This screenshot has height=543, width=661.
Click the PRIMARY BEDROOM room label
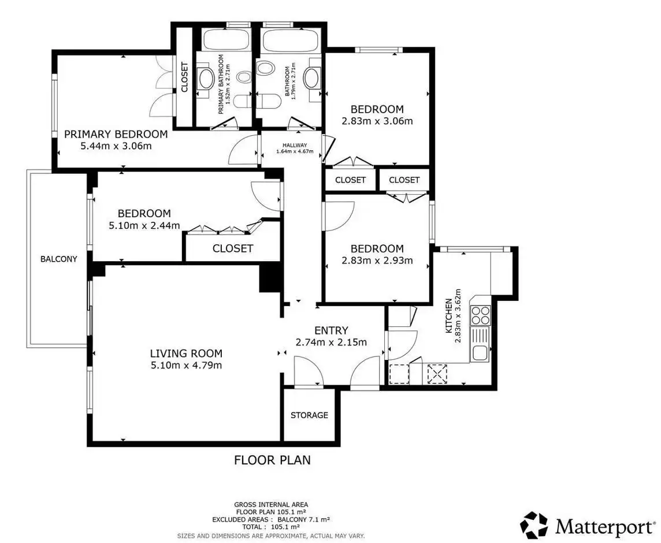click(x=116, y=134)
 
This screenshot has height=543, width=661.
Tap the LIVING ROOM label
click(x=186, y=354)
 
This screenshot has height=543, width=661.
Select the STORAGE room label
click(x=309, y=415)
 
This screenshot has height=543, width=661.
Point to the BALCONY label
click(x=58, y=259)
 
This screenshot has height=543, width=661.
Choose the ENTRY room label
click(x=331, y=330)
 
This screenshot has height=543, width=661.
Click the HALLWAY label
click(x=295, y=146)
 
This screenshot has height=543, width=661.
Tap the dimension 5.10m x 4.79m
click(x=186, y=365)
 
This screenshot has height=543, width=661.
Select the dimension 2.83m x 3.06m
click(x=377, y=121)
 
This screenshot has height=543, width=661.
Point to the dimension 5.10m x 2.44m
click(x=144, y=225)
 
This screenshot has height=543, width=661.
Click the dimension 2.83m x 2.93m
click(x=377, y=260)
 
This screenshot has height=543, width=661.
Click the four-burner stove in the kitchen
click(x=481, y=314)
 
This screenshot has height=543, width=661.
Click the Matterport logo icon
click(x=534, y=525)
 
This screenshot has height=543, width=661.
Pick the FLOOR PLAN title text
click(x=272, y=460)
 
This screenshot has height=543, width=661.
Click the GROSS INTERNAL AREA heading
click(x=271, y=504)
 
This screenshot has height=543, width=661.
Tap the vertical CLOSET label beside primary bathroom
click(x=184, y=77)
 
